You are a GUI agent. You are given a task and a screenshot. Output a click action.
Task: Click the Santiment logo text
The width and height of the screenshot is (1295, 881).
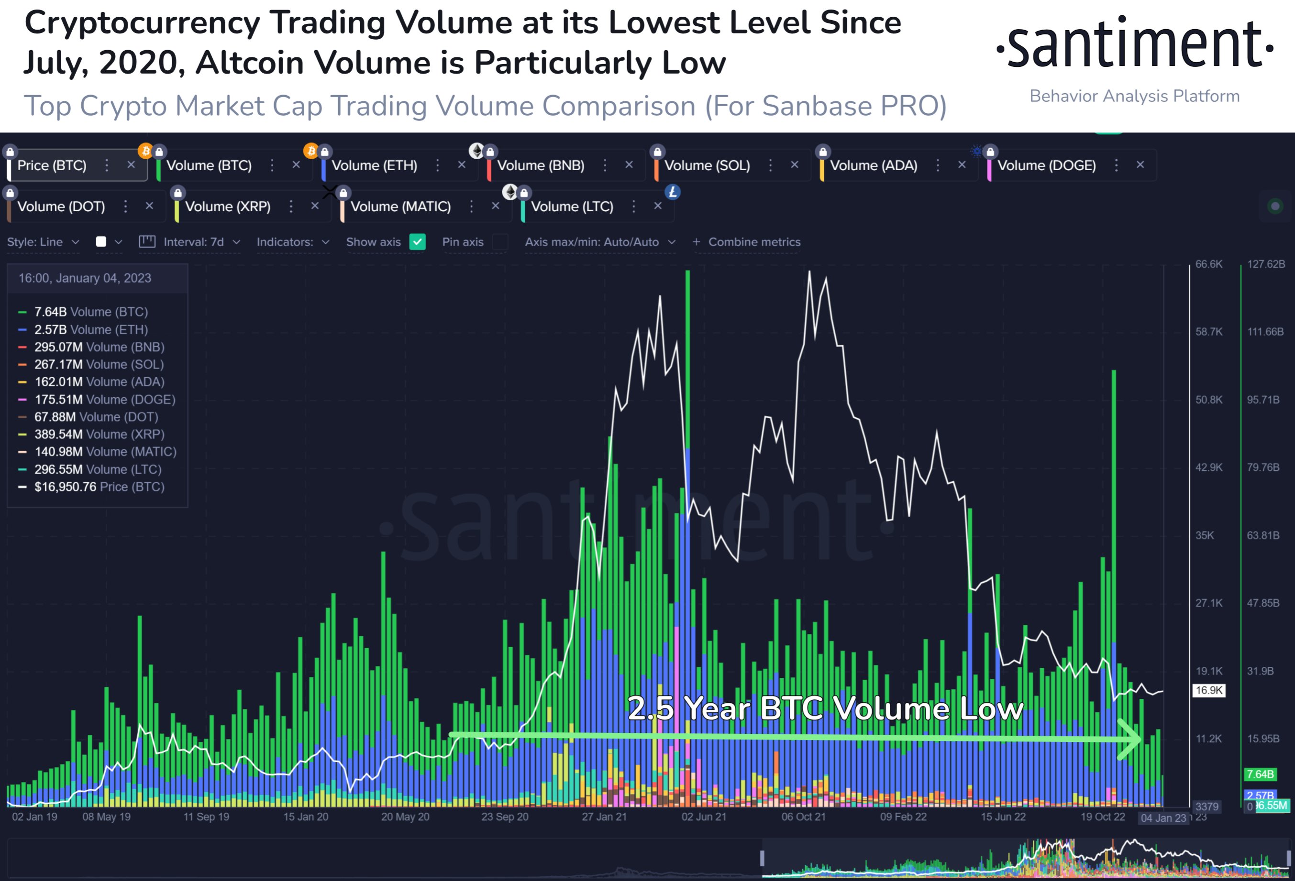pyautogui.click(x=1135, y=44)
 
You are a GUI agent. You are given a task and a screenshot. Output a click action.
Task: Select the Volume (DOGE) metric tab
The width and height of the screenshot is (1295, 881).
pyautogui.click(x=1046, y=165)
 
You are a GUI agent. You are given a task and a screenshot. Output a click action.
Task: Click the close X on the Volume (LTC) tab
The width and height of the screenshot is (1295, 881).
pyautogui.click(x=657, y=206)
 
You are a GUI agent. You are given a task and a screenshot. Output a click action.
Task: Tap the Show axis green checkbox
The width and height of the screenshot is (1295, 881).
pyautogui.click(x=417, y=242)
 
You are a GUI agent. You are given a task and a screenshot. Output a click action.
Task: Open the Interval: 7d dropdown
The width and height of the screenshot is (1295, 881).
pyautogui.click(x=201, y=242)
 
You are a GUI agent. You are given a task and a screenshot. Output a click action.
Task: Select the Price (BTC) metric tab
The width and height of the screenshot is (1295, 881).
pyautogui.click(x=52, y=165)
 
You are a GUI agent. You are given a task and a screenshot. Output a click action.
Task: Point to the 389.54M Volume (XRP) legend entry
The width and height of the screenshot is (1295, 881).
pyautogui.click(x=99, y=435)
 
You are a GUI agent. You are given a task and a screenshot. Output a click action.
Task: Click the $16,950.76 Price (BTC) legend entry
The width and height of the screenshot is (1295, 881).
pyautogui.click(x=99, y=487)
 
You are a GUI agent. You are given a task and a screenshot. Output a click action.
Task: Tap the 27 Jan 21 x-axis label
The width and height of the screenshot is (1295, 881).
pyautogui.click(x=604, y=817)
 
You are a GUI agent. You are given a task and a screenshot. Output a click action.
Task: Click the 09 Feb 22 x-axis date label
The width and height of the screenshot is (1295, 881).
pyautogui.click(x=903, y=817)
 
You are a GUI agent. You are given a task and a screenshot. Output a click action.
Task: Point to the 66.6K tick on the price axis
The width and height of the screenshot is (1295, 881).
pyautogui.click(x=1208, y=264)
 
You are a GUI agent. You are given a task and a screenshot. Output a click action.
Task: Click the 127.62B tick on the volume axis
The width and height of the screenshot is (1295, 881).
pyautogui.click(x=1266, y=264)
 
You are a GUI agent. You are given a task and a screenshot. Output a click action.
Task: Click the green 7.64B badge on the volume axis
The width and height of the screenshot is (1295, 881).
pyautogui.click(x=1260, y=774)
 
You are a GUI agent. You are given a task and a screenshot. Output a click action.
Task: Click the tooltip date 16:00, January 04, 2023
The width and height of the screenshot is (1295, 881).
pyautogui.click(x=85, y=278)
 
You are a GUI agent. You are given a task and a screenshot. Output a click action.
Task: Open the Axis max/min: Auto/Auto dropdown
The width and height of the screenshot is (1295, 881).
pyautogui.click(x=599, y=242)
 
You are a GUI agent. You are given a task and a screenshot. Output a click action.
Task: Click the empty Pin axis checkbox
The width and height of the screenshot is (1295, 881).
pyautogui.click(x=500, y=242)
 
